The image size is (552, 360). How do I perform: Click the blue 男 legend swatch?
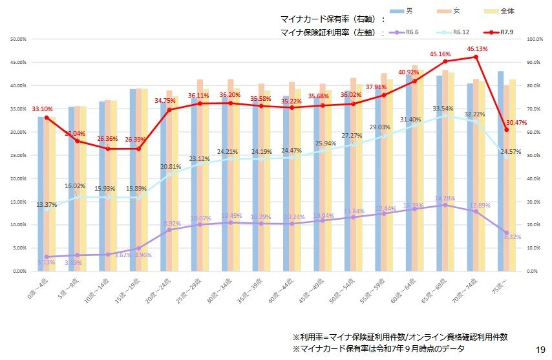397,12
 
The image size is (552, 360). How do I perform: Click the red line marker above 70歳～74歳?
476,57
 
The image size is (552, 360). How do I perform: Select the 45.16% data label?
446,54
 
